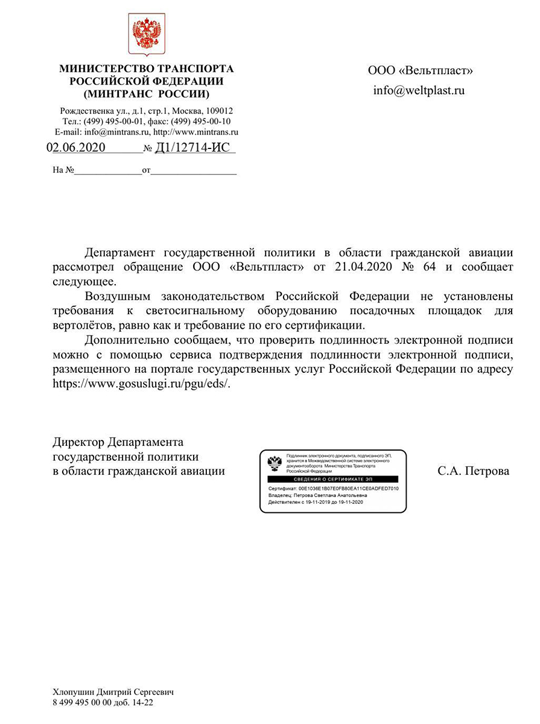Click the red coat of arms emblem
pos(147,34)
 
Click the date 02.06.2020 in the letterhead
pos(76,148)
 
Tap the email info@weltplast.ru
pos(419,91)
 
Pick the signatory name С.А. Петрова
pos(473,471)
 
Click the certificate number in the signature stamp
pos(348,488)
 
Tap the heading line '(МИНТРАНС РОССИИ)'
pos(147,94)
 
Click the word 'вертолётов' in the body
pos(81,325)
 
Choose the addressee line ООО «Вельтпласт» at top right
pos(421,71)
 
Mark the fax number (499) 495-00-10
pos(197,121)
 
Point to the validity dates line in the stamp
pos(316,502)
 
